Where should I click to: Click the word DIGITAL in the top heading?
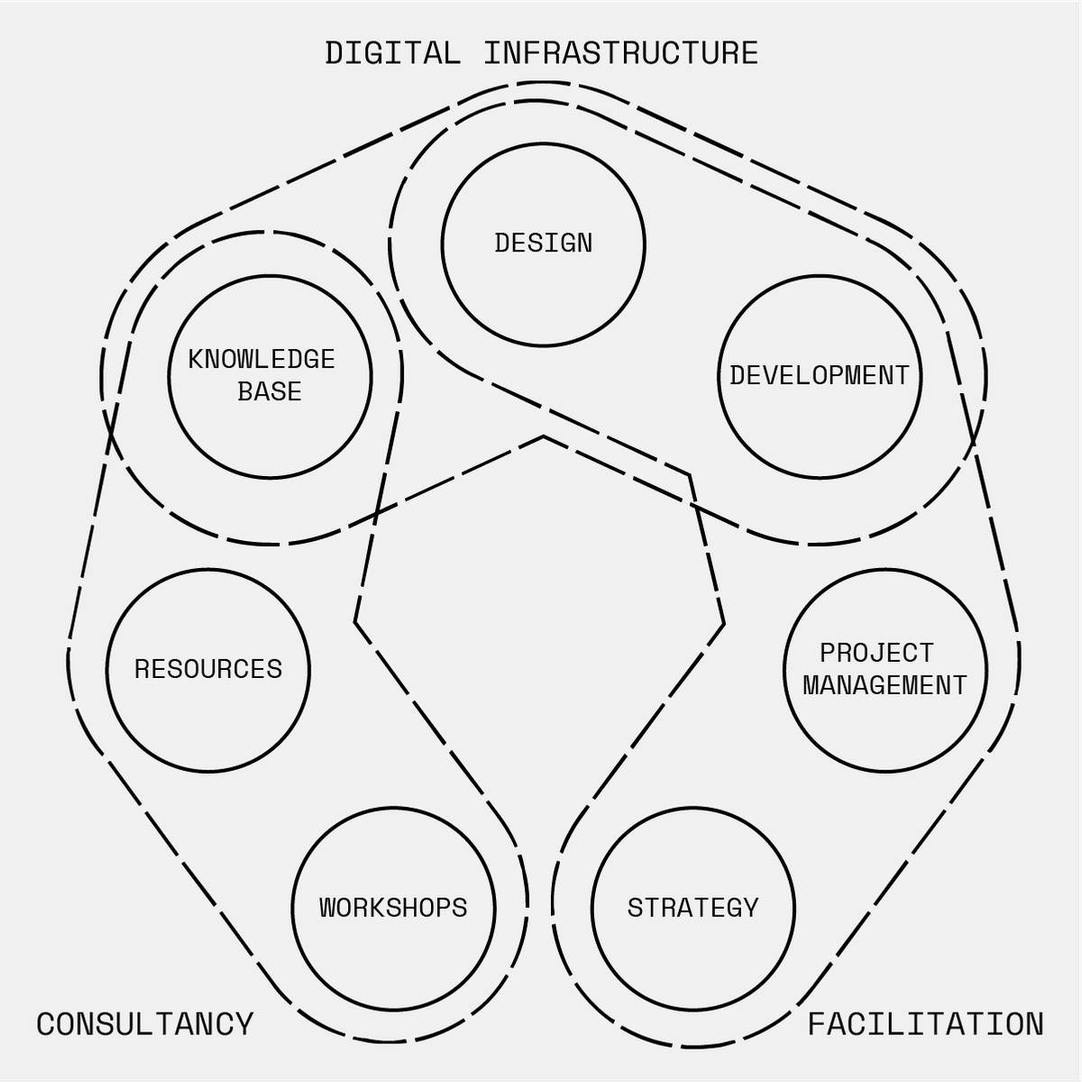pyautogui.click(x=392, y=53)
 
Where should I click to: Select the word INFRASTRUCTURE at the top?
pyautogui.click(x=621, y=53)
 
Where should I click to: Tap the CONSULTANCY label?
pyautogui.click(x=145, y=1023)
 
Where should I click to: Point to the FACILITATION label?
pyautogui.click(x=925, y=1023)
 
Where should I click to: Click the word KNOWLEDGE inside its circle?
pyautogui.click(x=261, y=360)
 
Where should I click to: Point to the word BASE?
pyautogui.click(x=270, y=391)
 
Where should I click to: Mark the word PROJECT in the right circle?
pyautogui.click(x=876, y=653)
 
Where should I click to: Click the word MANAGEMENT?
pyautogui.click(x=885, y=685)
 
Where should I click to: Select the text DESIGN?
pyautogui.click(x=543, y=243)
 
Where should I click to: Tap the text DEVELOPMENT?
pyautogui.click(x=820, y=376)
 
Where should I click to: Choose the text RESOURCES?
pyautogui.click(x=208, y=669)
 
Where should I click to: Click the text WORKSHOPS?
pyautogui.click(x=393, y=908)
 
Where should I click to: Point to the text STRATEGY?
pyautogui.click(x=692, y=908)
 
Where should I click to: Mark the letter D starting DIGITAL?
pyautogui.click(x=335, y=53)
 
